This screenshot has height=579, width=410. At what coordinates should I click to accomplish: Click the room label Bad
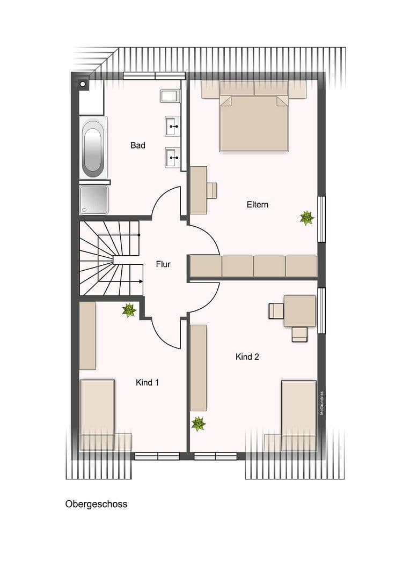point(138,145)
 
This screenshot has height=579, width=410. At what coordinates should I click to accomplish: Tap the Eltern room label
point(258,204)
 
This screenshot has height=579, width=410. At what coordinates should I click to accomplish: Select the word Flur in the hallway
point(163,264)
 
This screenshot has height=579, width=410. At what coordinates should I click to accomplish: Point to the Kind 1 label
point(147,382)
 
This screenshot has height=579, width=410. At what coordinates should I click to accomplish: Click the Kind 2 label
point(247,357)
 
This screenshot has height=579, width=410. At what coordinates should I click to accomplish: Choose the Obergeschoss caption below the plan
point(96,504)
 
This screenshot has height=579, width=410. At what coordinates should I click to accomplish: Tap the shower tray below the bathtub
point(93,200)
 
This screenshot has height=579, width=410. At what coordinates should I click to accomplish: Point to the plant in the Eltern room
point(307,218)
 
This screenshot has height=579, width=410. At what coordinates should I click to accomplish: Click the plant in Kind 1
point(129,310)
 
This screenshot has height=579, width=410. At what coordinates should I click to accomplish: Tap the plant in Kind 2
point(199,424)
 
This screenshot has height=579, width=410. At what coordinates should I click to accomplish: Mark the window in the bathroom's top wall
point(154,76)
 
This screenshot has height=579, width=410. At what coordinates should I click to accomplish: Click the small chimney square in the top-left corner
point(83,84)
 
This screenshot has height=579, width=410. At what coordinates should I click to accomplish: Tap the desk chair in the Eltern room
point(212,190)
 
